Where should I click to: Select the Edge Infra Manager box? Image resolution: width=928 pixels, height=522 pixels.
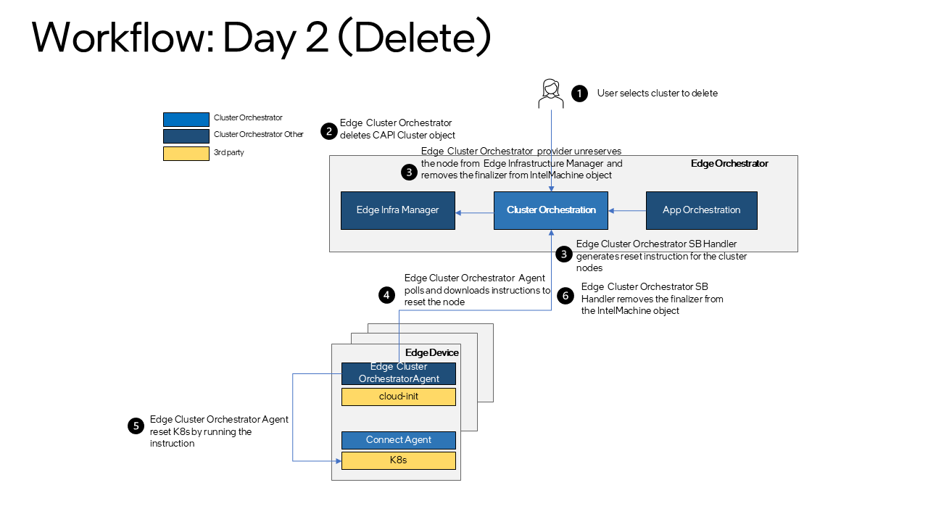(398, 210)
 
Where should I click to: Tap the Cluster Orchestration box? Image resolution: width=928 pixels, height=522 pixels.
(551, 210)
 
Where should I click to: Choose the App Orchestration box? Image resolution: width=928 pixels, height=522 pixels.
(701, 210)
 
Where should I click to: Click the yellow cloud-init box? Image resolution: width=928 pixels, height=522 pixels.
(398, 397)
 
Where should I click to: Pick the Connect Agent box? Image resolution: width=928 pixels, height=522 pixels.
(398, 440)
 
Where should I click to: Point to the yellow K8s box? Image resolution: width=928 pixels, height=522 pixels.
(398, 460)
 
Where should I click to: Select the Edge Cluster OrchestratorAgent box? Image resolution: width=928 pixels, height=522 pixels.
(398, 373)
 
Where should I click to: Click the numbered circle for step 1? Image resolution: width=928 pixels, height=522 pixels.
(579, 94)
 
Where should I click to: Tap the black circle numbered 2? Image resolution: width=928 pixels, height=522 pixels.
(329, 131)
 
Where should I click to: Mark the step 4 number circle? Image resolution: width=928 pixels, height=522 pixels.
(386, 294)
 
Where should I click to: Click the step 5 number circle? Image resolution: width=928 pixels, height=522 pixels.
(135, 426)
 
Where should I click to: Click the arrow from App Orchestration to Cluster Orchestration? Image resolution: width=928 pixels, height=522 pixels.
(627, 211)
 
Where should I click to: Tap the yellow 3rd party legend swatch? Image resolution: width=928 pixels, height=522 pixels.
(186, 153)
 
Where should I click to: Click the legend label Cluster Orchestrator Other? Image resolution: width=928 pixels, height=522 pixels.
(258, 135)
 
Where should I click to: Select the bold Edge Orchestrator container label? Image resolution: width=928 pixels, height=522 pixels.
(729, 164)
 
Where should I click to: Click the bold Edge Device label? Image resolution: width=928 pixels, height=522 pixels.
(431, 352)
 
